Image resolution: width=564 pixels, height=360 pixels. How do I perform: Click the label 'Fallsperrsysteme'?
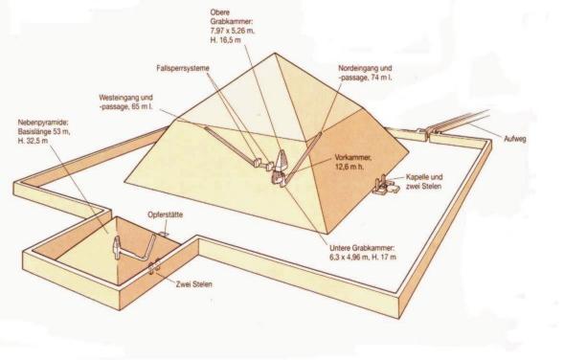coord(183,68)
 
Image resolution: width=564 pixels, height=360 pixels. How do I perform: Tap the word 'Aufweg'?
coord(515,139)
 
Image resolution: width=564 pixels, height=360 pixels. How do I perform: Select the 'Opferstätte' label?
coord(165,214)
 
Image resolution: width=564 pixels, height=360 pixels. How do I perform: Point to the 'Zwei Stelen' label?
coord(193,284)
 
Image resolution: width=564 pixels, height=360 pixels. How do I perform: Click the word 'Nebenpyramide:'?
coord(43,123)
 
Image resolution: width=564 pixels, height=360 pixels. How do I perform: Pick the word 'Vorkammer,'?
coord(353,158)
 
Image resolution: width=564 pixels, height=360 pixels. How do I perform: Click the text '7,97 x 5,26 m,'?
coord(233,31)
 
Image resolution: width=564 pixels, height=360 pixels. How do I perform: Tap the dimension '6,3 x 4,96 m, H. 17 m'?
coord(363,258)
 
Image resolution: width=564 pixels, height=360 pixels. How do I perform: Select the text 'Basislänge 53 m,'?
coord(44,131)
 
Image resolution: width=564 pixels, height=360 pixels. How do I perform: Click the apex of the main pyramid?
coord(275,54)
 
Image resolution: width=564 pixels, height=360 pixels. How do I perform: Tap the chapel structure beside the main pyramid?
coord(385,185)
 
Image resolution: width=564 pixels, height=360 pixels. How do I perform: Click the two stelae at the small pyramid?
coord(155,267)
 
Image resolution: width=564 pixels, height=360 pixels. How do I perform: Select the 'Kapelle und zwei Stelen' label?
coord(424,182)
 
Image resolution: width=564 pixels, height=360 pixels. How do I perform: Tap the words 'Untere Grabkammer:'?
coord(362,248)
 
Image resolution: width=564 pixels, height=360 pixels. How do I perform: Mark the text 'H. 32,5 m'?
coord(33,141)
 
